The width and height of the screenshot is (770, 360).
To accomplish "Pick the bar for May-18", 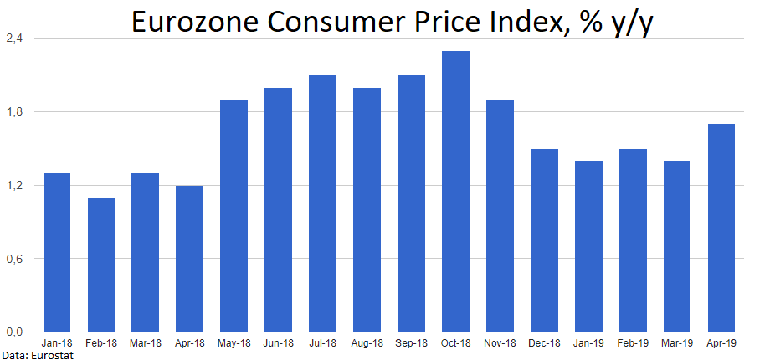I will [x=234, y=215].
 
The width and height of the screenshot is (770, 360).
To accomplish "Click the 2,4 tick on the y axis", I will [x=14, y=39].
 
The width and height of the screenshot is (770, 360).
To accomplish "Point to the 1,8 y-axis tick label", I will [x=14, y=112].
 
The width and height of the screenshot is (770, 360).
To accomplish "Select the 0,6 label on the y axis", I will [x=14, y=258].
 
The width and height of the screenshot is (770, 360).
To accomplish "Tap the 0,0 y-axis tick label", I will [x=14, y=332].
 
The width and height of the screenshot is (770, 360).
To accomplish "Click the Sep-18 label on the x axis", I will [x=411, y=343].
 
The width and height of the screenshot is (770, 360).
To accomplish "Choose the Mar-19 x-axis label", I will [x=676, y=343].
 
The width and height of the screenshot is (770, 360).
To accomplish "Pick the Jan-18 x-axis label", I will [x=57, y=343].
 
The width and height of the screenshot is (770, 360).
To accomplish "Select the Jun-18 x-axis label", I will [x=278, y=343].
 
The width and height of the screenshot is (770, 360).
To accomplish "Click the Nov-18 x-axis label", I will [x=500, y=343].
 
